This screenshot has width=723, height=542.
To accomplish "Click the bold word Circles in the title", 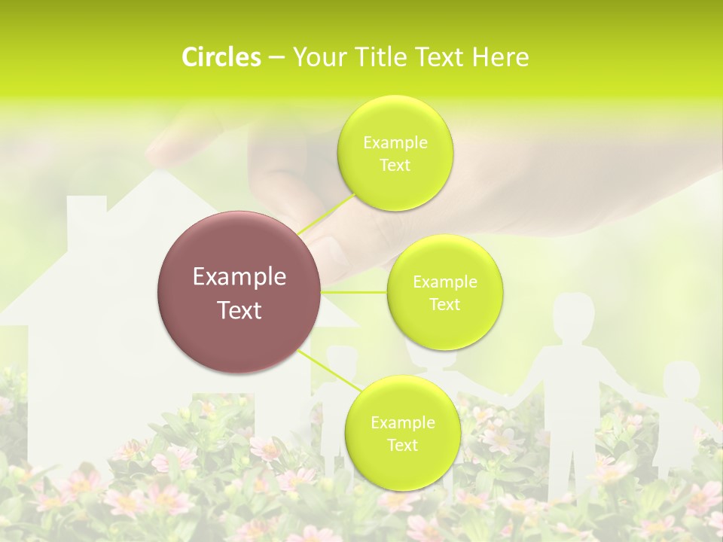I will click(x=221, y=57).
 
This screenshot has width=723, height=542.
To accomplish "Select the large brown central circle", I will click(x=239, y=292).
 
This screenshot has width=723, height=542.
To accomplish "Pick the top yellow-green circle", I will click(x=395, y=154).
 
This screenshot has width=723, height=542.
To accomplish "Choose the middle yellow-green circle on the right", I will click(x=444, y=293).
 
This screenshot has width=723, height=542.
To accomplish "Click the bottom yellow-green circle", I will click(x=402, y=434).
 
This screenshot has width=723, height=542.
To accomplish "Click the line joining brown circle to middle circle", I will click(x=353, y=292).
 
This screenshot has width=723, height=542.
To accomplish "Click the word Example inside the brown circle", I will click(x=239, y=277).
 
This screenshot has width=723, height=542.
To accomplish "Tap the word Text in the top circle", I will click(x=395, y=166).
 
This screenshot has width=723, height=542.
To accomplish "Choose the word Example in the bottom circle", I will click(x=402, y=422).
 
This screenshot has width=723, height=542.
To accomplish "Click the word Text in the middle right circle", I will click(x=444, y=305).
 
